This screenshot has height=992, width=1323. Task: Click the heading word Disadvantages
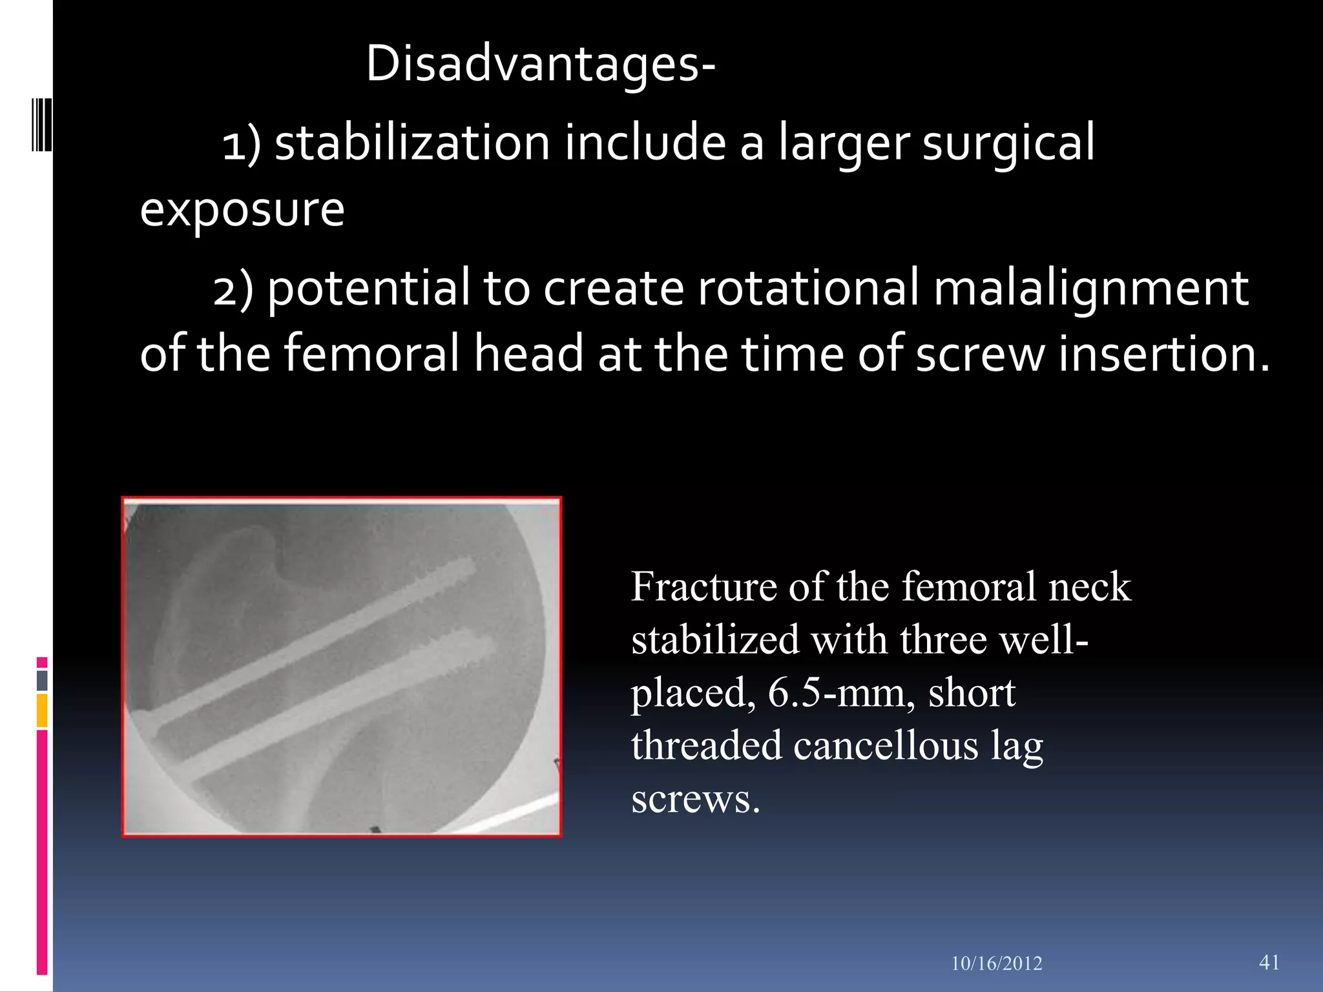pos(540,65)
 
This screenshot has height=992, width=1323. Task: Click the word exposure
pos(242,211)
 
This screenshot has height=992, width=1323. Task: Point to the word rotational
pos(807,288)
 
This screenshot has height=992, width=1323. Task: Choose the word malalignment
pos(1091,289)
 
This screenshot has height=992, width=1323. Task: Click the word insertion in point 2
pos(1164,354)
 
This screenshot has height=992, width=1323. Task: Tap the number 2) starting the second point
pos(233,289)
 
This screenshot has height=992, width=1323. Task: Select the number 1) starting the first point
pos(242,144)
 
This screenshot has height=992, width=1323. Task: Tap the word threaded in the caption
pos(706,745)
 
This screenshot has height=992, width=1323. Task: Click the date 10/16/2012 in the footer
pos(996,963)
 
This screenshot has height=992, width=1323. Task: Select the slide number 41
pos(1269,962)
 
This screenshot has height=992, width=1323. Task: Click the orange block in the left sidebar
pos(42,710)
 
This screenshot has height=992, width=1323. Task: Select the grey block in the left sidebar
pos(42,681)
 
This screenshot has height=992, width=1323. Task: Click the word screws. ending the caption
pos(695,799)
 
